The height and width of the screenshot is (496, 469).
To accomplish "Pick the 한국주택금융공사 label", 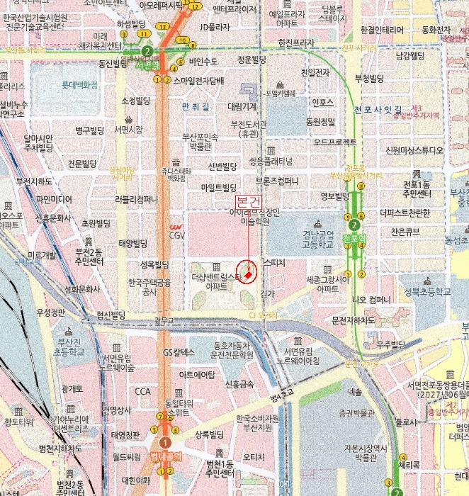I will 148,286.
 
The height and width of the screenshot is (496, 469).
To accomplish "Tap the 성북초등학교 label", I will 427,291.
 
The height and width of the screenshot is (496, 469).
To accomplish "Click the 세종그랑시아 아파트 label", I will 328,283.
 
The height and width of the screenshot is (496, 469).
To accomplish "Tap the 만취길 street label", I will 196,106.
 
